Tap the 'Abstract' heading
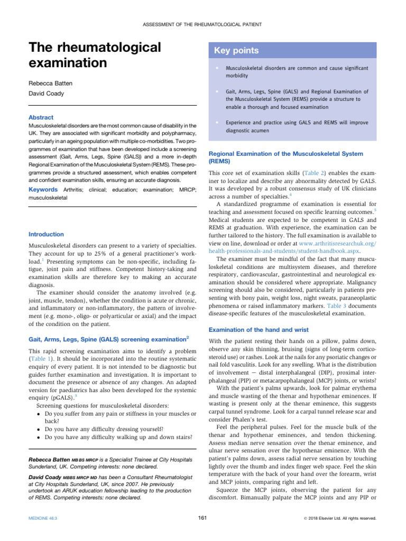[41, 117]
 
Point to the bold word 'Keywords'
[43, 189]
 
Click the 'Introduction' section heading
[46, 234]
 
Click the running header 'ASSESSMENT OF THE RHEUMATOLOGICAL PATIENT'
[202, 24]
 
